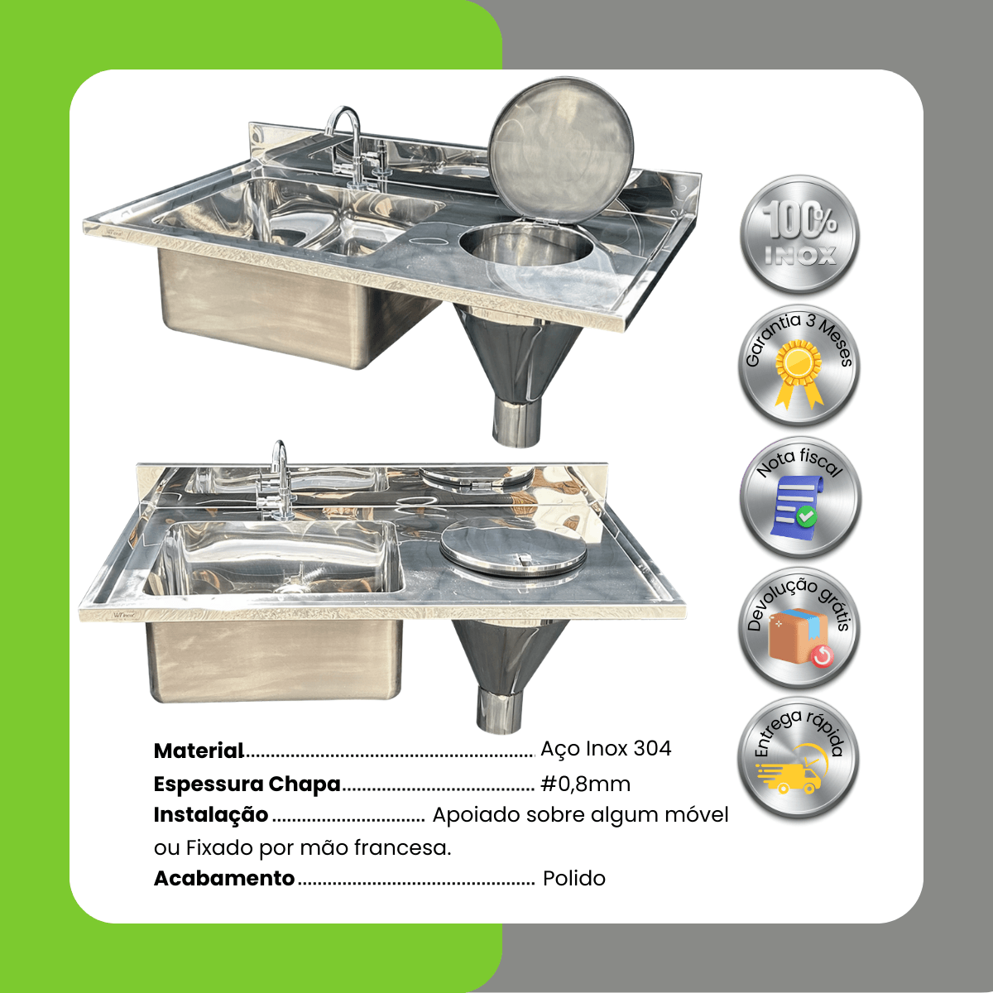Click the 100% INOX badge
click(x=799, y=235)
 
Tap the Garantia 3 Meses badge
click(x=799, y=367)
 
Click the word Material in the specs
click(x=199, y=751)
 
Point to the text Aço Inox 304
click(x=606, y=749)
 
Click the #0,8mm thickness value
click(x=585, y=784)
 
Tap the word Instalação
click(x=211, y=816)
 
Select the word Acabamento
click(x=224, y=878)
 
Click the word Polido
click(x=574, y=878)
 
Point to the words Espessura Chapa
click(x=247, y=784)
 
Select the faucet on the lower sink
click(x=278, y=479)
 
